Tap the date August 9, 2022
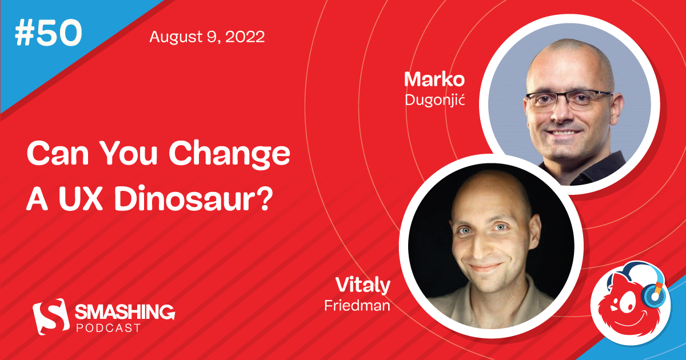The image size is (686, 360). coord(206,38)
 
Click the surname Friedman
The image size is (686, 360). coord(357,306)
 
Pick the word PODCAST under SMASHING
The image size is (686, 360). coord(108,327)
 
